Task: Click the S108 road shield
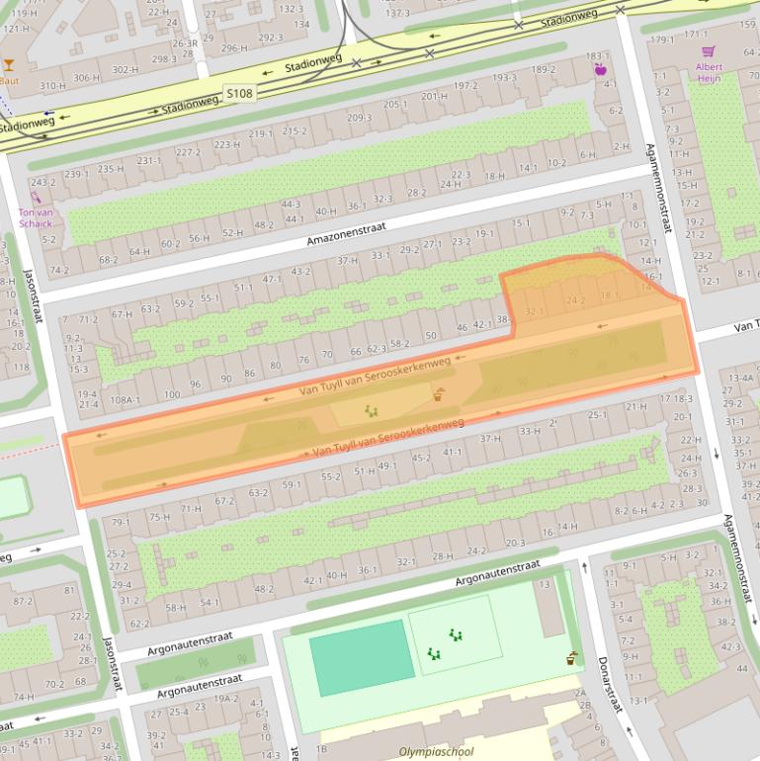tap(238, 94)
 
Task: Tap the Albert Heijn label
tap(709, 73)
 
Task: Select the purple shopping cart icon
tap(708, 51)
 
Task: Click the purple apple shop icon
tap(599, 69)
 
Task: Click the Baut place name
tap(9, 81)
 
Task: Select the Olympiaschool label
tap(436, 752)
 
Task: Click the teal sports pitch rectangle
tap(362, 651)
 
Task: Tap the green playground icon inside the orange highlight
tap(372, 411)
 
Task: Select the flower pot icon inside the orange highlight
tap(438, 396)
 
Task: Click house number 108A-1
tap(125, 399)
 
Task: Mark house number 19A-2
tap(227, 698)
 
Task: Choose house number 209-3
tap(359, 118)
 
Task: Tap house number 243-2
tap(42, 183)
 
